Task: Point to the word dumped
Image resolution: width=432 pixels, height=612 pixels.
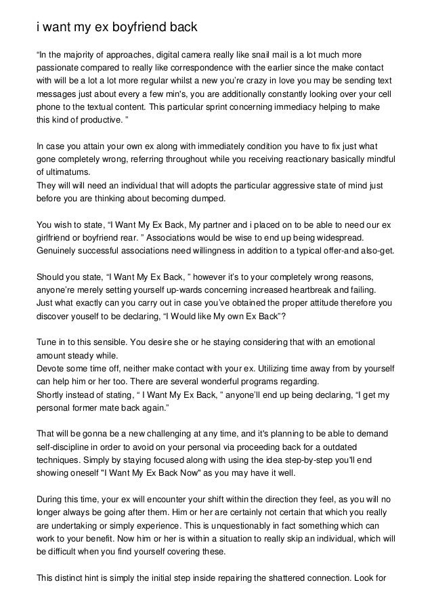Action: (209, 201)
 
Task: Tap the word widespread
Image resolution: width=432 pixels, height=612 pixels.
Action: (337, 237)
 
